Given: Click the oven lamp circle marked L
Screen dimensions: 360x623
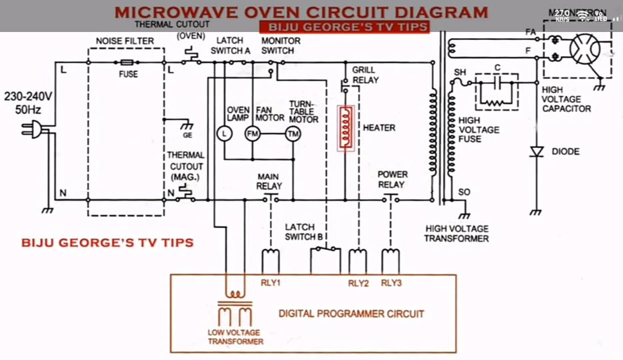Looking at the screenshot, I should point(224,134).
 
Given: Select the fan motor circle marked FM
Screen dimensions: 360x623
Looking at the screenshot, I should point(253,134).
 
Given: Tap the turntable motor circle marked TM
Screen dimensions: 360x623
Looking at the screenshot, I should point(293,134).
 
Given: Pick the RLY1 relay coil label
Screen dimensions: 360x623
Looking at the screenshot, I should point(271,283).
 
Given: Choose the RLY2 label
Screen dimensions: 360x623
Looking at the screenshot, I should point(358,283).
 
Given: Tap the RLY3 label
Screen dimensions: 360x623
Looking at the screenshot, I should point(391,283).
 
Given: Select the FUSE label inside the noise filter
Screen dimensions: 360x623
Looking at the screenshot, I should point(129,74).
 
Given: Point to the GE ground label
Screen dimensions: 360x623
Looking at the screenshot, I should point(188,135).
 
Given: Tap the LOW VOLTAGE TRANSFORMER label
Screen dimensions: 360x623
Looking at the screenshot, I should point(235,337).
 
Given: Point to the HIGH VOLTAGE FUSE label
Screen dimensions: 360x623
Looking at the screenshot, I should point(478,129).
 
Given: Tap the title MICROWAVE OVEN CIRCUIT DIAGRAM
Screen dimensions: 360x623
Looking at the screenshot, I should point(301,12).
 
